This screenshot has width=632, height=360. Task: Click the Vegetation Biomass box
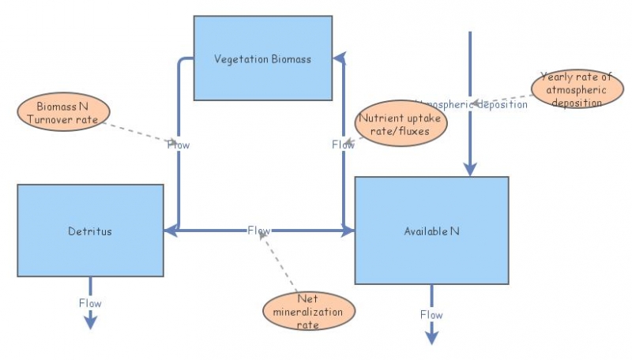(263, 58)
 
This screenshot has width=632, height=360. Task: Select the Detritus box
(90, 231)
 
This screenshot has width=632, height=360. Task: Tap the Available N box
(431, 231)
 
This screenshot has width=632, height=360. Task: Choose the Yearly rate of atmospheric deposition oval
(577, 89)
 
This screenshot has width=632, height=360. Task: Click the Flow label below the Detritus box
(90, 303)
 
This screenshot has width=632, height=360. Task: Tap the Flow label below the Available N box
(431, 314)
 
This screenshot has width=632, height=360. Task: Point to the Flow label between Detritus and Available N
(258, 231)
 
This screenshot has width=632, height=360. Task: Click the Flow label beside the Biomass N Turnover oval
(179, 144)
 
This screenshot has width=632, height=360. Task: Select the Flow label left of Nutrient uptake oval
(343, 144)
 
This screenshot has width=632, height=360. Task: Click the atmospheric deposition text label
(475, 104)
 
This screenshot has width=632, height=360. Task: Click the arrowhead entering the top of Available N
(470, 169)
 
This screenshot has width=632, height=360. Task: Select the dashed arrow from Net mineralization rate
(280, 264)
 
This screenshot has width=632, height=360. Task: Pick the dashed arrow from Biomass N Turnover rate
(138, 131)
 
